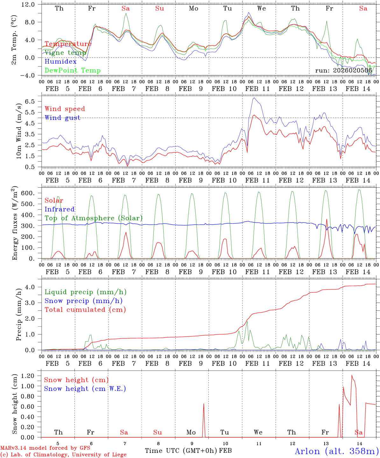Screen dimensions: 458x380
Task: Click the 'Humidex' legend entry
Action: pyautogui.click(x=61, y=62)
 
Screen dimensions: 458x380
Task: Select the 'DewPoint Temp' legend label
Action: pyautogui.click(x=73, y=71)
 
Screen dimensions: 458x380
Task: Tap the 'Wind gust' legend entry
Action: pyautogui.click(x=62, y=118)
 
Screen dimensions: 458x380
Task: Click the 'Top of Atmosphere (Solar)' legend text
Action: pyautogui.click(x=94, y=218)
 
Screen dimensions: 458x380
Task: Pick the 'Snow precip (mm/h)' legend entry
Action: pyautogui.click(x=84, y=301)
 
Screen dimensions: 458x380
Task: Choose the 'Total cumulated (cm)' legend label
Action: pyautogui.click(x=85, y=309)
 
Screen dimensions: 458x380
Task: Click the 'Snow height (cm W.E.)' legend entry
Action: pyautogui.click(x=85, y=389)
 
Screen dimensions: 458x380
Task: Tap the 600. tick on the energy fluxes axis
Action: pyautogui.click(x=28, y=193)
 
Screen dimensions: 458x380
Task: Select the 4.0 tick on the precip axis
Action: pyautogui.click(x=31, y=287)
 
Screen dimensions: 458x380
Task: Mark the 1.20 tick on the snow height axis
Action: pyautogui.click(x=28, y=376)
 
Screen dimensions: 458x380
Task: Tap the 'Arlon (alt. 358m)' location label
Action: pyautogui.click(x=337, y=451)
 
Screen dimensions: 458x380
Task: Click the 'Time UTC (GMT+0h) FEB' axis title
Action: pyautogui.click(x=188, y=451)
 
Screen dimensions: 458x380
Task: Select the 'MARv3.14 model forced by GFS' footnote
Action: pyautogui.click(x=45, y=448)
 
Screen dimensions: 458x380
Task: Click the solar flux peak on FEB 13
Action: pyautogui.click(x=327, y=219)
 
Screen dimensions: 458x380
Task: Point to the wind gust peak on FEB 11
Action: pyautogui.click(x=254, y=98)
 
